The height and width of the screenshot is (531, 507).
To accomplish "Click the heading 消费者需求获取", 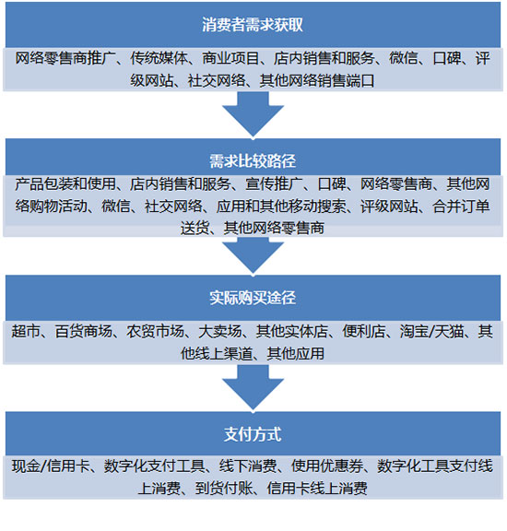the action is coord(253,25).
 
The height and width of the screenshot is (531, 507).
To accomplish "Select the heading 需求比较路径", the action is coord(253,161).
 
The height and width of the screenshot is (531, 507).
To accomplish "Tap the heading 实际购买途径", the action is coord(253,298).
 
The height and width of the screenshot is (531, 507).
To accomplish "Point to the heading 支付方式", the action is coord(253,434).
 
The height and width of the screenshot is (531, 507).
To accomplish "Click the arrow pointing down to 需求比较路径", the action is coord(253,114).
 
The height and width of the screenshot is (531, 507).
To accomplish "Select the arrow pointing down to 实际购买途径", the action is coord(253,254).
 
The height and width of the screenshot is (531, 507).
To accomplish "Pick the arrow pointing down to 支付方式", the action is coord(253,388).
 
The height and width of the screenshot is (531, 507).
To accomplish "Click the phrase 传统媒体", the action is coord(159,58).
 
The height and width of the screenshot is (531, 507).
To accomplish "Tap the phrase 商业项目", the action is coord(230,58).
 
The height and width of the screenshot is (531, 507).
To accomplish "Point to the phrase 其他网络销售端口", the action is coord(317,80).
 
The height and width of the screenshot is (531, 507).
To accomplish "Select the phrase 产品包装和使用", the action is coord(65,183).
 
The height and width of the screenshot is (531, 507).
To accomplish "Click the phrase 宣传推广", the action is coord(274,183).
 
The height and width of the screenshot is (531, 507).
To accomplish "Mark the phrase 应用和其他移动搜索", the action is coord(281,206).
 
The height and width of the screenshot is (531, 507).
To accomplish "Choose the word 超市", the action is coord(26,331).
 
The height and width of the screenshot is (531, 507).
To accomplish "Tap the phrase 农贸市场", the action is coord(156,331).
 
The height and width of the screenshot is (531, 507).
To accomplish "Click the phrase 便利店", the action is coord(364,331).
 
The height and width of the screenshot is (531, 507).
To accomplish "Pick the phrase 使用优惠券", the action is coord(327,466).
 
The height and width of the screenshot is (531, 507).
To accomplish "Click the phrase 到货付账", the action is coord(224,489).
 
